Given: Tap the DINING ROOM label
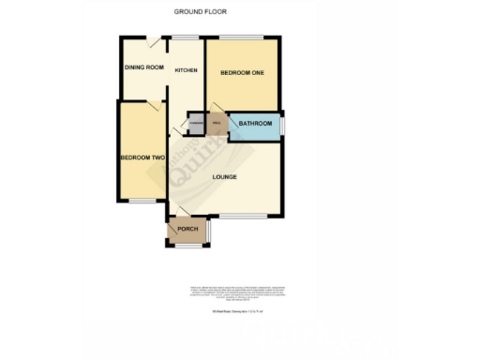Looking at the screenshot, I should tap(144, 67).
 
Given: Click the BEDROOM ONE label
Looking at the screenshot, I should tap(242, 72).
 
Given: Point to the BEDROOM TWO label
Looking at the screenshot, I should tap(142, 157).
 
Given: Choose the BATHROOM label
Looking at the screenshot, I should tap(255, 124).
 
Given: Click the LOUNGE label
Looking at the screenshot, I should tap(223, 176).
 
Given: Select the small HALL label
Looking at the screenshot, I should tap(217, 124).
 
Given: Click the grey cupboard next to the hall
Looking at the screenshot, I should tap(197, 124).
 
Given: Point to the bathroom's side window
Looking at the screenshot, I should tap(284, 124).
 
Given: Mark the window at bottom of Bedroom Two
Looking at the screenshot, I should tap(142, 202).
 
